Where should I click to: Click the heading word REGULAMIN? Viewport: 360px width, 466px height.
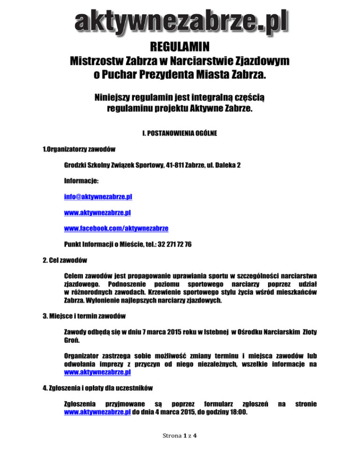[180, 47]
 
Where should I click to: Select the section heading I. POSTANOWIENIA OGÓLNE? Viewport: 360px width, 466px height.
[180, 134]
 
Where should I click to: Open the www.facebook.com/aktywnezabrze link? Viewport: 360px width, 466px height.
[116, 229]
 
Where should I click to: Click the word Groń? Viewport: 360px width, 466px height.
[70, 340]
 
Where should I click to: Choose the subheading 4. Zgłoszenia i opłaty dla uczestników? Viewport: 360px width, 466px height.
[98, 388]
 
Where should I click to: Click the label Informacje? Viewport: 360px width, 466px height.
[81, 181]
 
